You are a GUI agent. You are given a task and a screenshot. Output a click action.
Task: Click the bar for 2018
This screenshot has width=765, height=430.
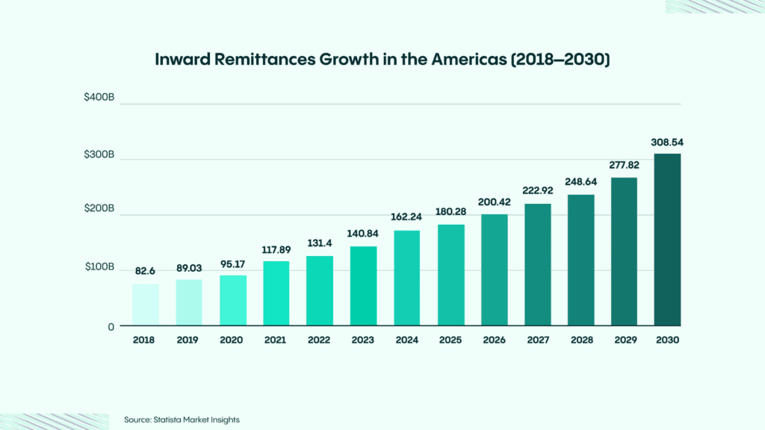click(x=146, y=305)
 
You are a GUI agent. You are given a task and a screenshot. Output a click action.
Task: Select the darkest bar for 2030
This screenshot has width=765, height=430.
click(x=667, y=240)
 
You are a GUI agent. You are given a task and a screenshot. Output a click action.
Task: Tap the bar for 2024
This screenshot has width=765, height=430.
click(x=406, y=278)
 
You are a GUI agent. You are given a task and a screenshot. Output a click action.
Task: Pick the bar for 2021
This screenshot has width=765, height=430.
click(x=276, y=293)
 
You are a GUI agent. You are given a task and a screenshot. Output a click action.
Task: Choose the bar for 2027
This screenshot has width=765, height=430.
click(x=537, y=265)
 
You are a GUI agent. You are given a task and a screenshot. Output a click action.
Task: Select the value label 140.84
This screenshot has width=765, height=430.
click(x=363, y=234)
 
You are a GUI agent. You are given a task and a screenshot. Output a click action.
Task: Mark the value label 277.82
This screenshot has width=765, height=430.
click(x=624, y=165)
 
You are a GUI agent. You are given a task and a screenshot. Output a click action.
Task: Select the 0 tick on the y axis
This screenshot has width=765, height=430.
click(x=110, y=326)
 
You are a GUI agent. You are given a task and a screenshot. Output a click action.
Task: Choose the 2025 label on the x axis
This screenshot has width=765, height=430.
click(x=450, y=340)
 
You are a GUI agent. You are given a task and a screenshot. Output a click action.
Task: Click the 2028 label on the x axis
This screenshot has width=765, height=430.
click(x=580, y=340)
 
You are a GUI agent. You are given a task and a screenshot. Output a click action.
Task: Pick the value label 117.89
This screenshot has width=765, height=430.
click(x=276, y=249)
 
